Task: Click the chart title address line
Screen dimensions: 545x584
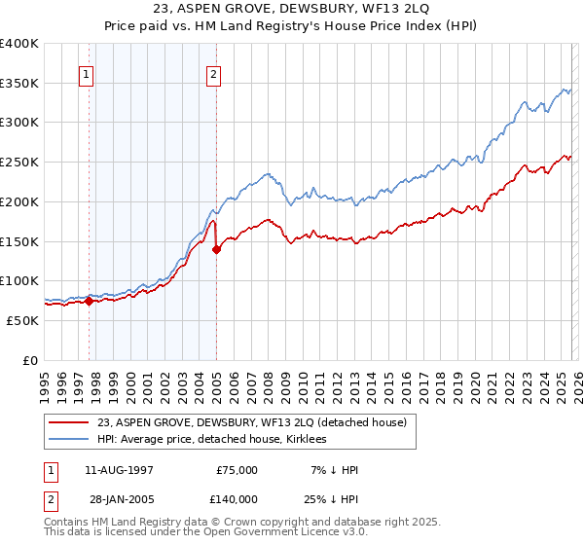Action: point(292,10)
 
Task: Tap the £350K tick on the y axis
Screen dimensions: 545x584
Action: point(19,83)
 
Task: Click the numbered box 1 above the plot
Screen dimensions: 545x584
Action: point(87,74)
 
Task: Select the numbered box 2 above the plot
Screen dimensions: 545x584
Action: point(213,74)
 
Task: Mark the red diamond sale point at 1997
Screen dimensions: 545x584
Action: point(89,301)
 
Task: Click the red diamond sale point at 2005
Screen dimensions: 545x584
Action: point(216,249)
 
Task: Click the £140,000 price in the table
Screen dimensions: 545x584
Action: point(237,497)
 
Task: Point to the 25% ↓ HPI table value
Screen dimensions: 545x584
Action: point(330,497)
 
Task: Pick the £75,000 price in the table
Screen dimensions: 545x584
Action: point(237,470)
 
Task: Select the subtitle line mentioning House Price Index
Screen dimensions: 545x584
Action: point(292,27)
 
